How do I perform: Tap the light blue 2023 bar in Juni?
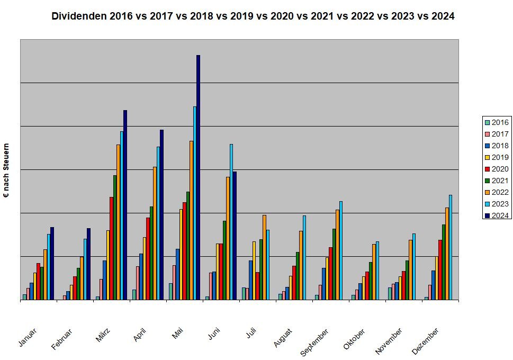coord(231,222)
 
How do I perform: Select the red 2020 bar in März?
coord(111,248)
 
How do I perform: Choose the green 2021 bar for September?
coord(334,264)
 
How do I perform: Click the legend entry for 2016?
coord(496,122)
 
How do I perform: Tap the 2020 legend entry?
coord(496,169)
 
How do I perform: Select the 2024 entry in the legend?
coord(496,215)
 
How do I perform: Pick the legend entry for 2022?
coord(496,192)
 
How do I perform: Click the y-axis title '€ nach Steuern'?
coord(6,170)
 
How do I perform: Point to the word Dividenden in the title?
coord(80,16)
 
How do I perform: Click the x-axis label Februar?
coord(61,339)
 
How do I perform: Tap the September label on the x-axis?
coord(314,341)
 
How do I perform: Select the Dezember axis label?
coord(426,341)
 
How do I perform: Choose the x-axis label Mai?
coord(178,334)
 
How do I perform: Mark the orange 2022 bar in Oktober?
coord(374,272)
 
